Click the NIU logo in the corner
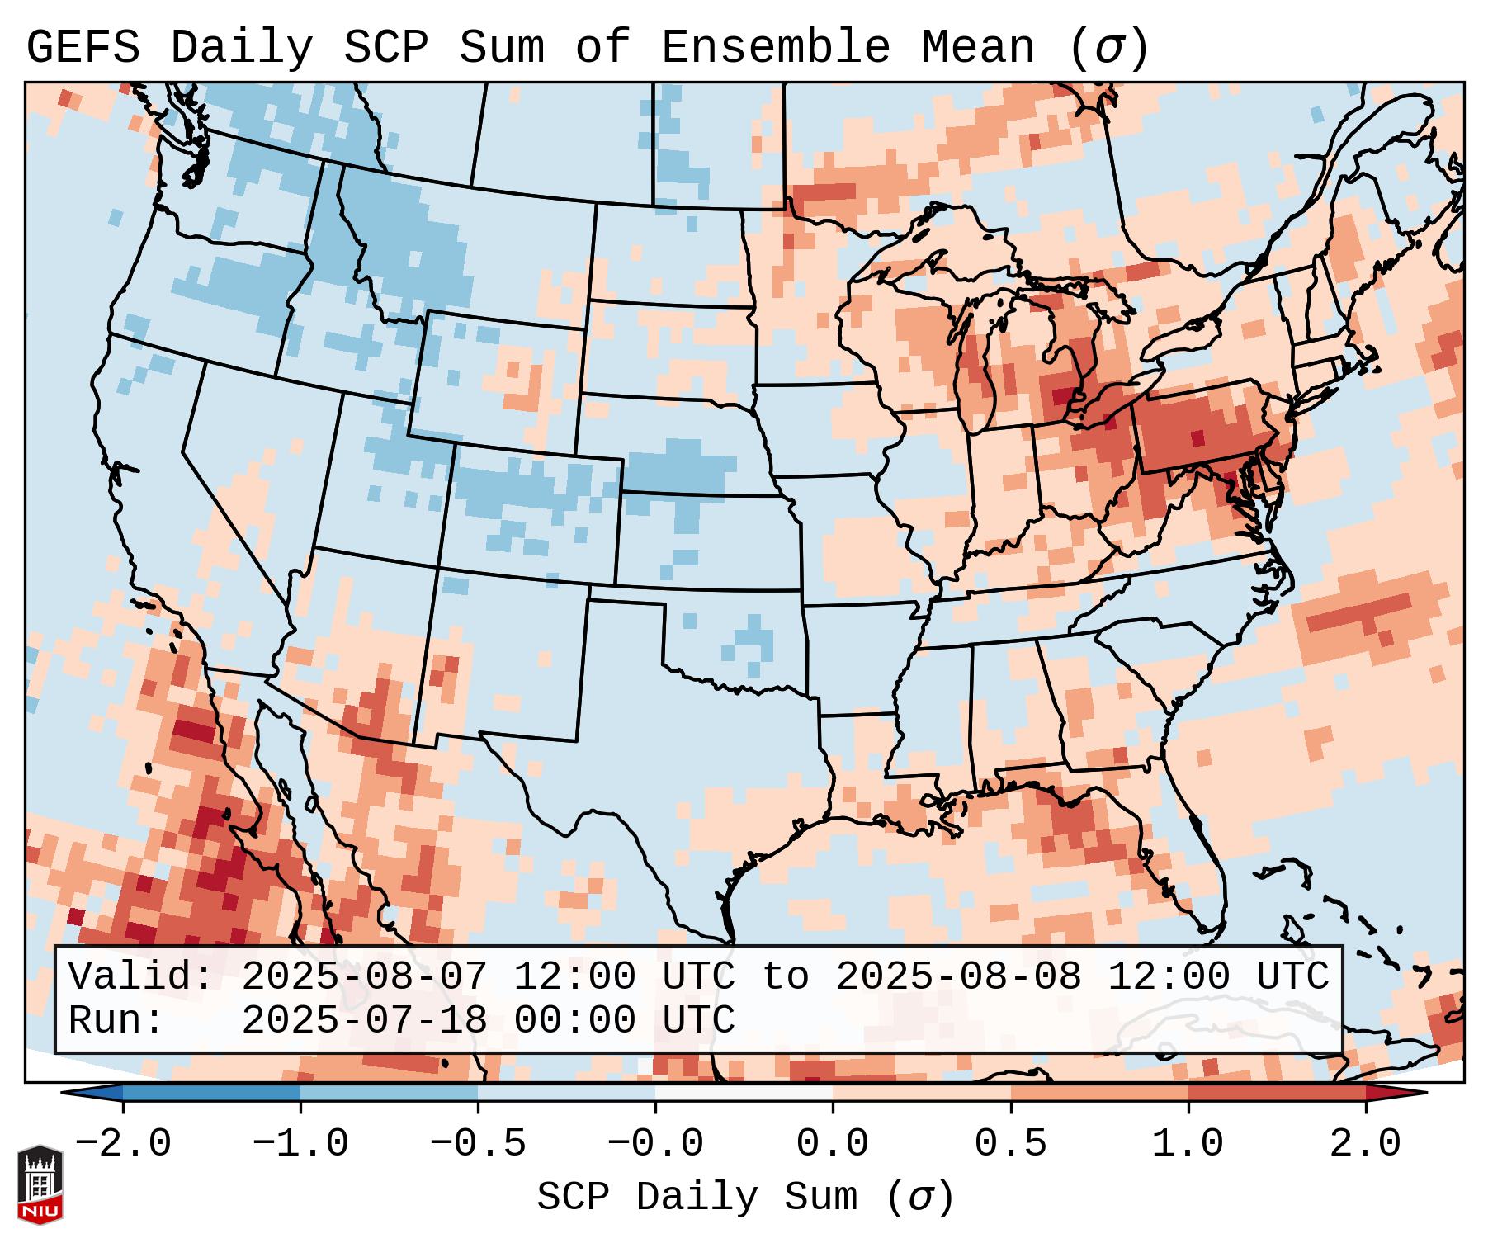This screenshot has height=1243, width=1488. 40,1184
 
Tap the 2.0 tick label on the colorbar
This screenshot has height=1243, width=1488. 1365,1144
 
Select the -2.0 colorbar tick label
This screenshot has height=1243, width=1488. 123,1144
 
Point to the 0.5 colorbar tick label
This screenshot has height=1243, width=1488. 1010,1144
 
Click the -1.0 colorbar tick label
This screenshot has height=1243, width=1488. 300,1144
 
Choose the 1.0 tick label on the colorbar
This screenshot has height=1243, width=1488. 1188,1144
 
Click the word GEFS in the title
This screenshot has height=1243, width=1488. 83,48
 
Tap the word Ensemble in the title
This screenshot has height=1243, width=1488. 776,48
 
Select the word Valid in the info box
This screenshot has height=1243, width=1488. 139,977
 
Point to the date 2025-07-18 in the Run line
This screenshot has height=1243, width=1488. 365,1020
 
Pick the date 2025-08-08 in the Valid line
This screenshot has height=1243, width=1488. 958,977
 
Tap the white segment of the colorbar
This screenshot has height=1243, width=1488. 744,1093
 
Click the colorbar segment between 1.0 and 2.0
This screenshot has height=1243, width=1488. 1276,1093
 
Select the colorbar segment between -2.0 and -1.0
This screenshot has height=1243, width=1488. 211,1093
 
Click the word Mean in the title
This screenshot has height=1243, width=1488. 977,48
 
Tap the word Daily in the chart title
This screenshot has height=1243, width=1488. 241,48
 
